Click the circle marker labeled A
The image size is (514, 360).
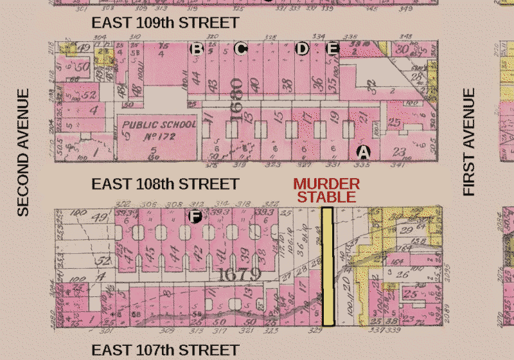(364, 152)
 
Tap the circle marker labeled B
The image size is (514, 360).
(197, 48)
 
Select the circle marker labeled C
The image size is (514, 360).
(241, 48)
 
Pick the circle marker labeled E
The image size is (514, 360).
(332, 48)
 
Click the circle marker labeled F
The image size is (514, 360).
(195, 217)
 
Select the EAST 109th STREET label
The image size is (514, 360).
(165, 22)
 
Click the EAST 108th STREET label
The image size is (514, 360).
(165, 184)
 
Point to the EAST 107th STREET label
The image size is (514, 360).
(165, 350)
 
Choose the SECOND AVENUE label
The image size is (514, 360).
(23, 152)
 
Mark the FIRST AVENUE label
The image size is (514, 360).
(469, 142)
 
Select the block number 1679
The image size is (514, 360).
(238, 274)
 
